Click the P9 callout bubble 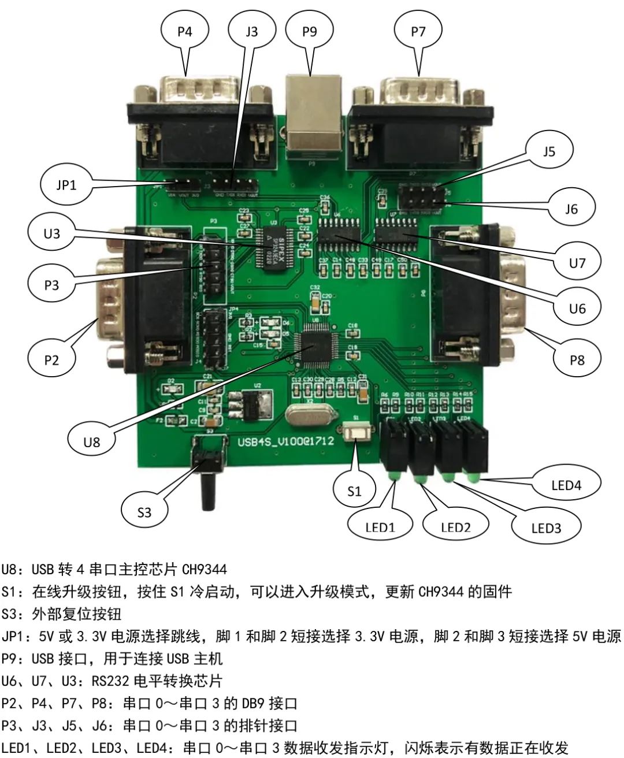pyautogui.click(x=310, y=31)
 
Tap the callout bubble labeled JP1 pyautogui.click(x=66, y=185)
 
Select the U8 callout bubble pyautogui.click(x=92, y=442)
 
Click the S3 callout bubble pyautogui.click(x=144, y=512)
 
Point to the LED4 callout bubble pyautogui.click(x=566, y=485)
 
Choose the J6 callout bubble pyautogui.click(x=571, y=209)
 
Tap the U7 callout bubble pyautogui.click(x=577, y=263)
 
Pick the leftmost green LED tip pyautogui.click(x=393, y=476)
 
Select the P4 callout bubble pyautogui.click(x=185, y=31)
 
